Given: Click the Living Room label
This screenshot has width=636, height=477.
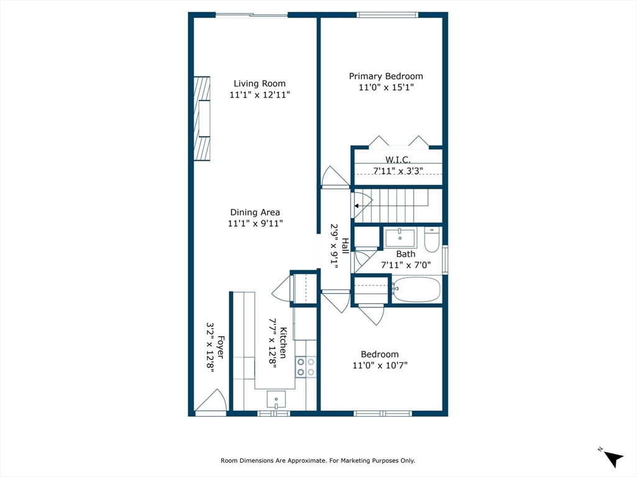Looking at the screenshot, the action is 260,84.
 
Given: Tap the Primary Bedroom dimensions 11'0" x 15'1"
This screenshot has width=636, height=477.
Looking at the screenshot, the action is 386,87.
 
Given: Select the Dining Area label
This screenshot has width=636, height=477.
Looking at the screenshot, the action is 255,212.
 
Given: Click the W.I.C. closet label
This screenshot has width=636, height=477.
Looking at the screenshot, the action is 398,160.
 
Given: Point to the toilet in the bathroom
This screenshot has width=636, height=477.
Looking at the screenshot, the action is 432,239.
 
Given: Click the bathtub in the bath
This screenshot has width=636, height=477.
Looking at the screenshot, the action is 417,289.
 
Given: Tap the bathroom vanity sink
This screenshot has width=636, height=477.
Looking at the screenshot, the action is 401,238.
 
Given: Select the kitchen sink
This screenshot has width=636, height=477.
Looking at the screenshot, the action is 276,399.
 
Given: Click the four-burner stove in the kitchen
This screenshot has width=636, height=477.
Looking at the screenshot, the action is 306,366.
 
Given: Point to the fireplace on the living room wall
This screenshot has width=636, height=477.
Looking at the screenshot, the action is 202,119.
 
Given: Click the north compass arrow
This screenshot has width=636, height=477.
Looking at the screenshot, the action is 613,459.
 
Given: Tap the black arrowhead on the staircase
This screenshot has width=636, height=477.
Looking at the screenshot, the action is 357,206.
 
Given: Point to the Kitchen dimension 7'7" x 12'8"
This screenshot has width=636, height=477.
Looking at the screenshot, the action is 273,343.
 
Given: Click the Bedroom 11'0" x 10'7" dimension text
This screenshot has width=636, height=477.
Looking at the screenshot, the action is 380,365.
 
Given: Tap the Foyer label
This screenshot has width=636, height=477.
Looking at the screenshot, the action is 220,347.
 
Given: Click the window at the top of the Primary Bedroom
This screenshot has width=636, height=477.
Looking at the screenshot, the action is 388,15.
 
